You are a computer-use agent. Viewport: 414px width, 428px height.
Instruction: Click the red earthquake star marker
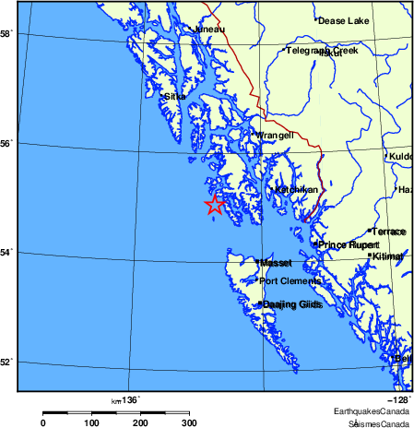pos(214,205)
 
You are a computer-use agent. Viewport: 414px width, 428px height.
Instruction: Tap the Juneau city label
pos(208,30)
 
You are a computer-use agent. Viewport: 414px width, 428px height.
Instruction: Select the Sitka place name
pos(175,96)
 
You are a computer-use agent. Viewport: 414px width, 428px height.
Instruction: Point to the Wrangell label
pos(275,136)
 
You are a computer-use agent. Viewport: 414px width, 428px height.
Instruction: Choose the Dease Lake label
pos(343,19)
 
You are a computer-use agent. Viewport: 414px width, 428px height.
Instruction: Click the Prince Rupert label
pos(348,244)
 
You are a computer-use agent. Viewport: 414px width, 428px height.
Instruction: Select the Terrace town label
pos(388,231)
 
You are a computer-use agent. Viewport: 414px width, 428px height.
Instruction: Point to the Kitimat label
pos(391,256)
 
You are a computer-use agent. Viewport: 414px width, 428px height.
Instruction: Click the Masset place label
pos(276,263)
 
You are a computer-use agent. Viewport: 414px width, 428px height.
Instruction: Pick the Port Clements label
pos(290,281)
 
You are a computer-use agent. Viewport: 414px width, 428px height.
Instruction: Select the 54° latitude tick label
pos(6,252)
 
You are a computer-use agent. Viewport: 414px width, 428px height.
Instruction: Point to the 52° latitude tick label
pos(6,361)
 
